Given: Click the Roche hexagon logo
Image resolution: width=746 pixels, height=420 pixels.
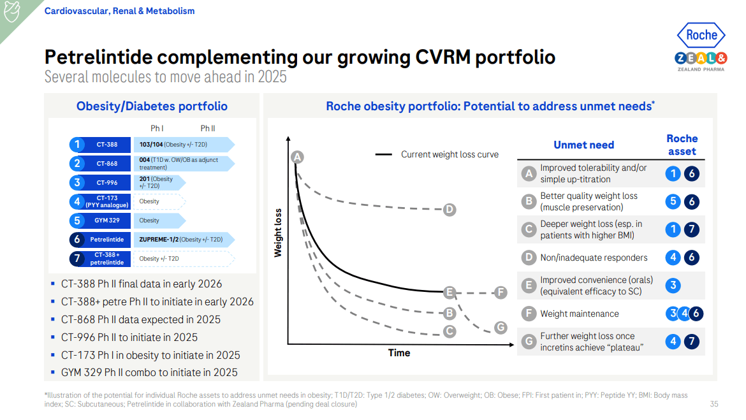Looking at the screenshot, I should point(701,36).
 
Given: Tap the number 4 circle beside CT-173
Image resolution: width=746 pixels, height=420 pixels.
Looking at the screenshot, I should point(77,201).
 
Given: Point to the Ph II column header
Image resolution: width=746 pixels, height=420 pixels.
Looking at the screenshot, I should point(207,128).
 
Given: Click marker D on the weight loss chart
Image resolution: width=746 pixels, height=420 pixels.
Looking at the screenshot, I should point(449,210).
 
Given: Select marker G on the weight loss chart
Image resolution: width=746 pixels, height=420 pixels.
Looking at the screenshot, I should point(501,328).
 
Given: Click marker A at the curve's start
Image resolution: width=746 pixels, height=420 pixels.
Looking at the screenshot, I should point(296,157).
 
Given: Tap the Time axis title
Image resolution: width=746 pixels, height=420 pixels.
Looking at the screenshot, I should point(399,352).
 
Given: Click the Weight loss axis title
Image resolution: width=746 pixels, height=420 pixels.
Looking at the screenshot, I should point(278,233).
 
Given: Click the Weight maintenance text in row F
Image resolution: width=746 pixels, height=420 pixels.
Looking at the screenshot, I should point(579,314).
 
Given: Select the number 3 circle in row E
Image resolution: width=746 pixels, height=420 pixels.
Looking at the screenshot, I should point(673,286).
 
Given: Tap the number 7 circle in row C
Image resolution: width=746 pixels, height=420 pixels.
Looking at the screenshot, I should point(691,230).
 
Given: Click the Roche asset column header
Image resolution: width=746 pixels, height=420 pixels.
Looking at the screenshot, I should point(682,145).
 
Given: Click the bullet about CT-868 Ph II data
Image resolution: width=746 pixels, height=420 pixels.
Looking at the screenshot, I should point(140,319).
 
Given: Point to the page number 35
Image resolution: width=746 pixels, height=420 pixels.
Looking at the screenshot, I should point(713,404).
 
